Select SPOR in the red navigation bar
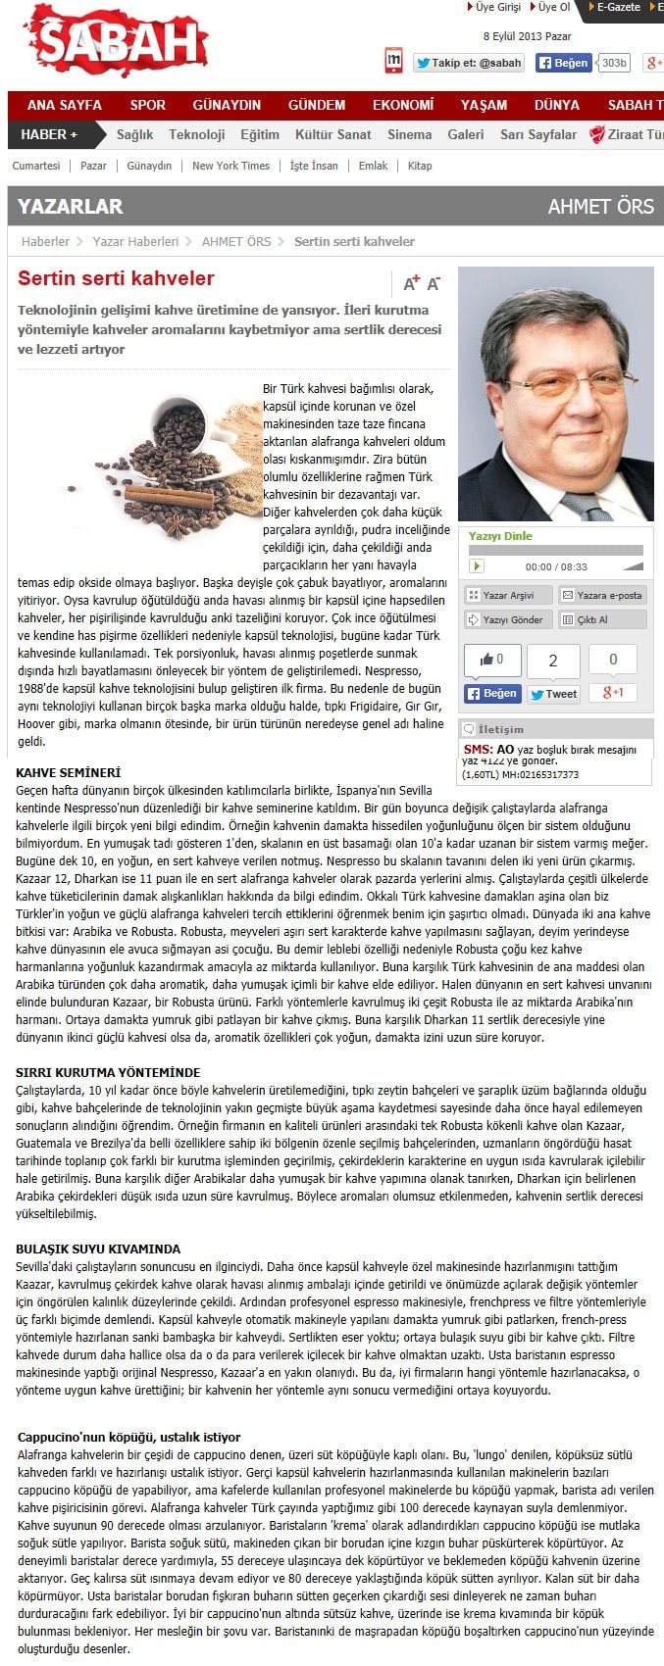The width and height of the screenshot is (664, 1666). pos(148,105)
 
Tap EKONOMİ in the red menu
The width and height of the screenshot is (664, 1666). pos(403,105)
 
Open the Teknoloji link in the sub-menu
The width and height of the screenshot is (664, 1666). pos(196,134)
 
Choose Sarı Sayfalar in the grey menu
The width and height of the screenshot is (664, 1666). pos(538,134)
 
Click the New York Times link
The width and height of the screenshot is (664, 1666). pos(230,166)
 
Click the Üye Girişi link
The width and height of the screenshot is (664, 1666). pos(497,7)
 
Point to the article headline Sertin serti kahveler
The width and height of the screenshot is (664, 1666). pos(116,278)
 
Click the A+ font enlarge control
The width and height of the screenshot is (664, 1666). pos(411,283)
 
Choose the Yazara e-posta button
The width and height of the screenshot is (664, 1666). pos(602,595)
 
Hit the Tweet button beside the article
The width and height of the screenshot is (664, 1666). pos(553,694)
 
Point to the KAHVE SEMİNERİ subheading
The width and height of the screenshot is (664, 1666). pos(69,773)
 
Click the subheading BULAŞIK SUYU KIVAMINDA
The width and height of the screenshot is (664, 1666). pos(98,1249)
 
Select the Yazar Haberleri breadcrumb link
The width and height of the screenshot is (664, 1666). pos(135,241)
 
